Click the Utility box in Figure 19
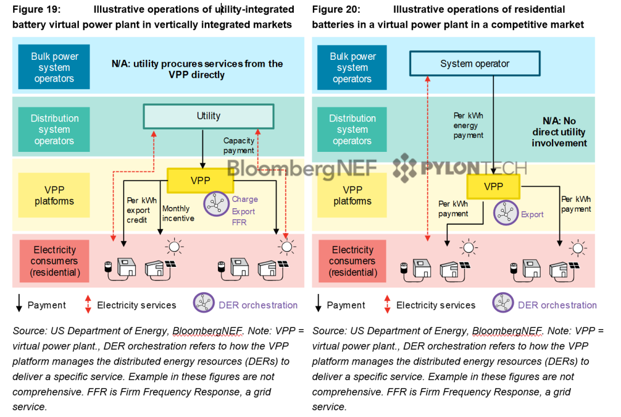[x=208, y=116]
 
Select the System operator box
[x=474, y=64]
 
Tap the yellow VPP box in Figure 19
[x=200, y=181]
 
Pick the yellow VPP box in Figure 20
[x=493, y=186]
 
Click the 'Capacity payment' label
[x=239, y=146]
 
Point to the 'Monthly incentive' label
[x=178, y=213]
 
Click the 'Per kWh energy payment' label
[x=469, y=125]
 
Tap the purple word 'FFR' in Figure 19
[x=239, y=223]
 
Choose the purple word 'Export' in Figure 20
[x=532, y=215]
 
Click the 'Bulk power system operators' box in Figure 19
[x=54, y=67]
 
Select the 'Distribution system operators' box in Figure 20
[x=352, y=129]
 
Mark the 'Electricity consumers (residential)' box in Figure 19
[x=54, y=261]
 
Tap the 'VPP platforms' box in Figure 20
[x=352, y=196]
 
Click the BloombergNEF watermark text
[x=302, y=167]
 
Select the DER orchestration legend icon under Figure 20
[x=503, y=303]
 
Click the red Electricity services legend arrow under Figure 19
[x=88, y=305]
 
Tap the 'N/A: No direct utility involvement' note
[x=559, y=132]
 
